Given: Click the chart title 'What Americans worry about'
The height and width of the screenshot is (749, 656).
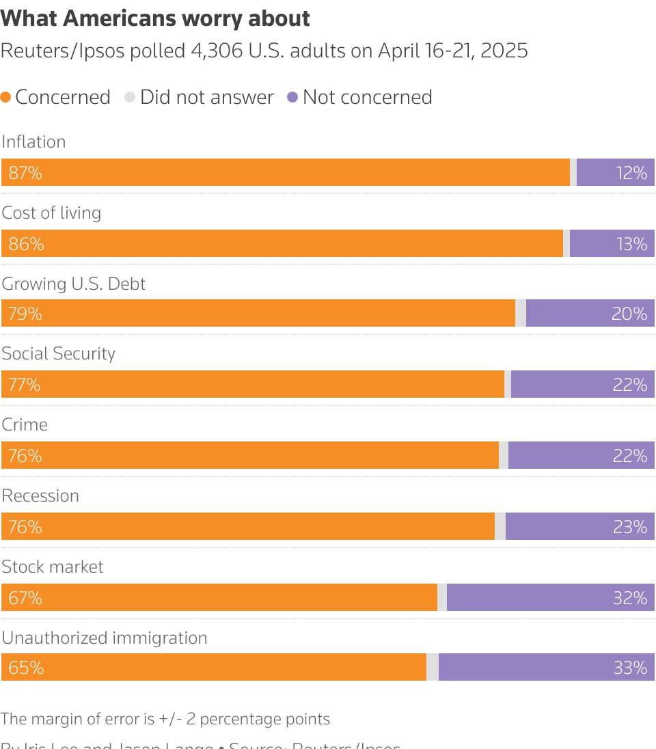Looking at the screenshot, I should tap(155, 19).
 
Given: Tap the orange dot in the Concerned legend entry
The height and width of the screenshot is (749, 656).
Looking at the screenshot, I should tap(6, 98).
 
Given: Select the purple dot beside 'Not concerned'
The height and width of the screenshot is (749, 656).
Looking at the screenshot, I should tap(292, 98).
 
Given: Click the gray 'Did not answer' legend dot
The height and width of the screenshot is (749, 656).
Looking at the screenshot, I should tap(130, 98).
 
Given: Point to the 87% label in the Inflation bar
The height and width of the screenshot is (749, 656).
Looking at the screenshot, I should tap(25, 173).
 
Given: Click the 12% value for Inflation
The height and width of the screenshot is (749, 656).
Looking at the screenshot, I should tap(631, 173).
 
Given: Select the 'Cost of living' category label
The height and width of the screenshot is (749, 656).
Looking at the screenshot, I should tap(51, 213).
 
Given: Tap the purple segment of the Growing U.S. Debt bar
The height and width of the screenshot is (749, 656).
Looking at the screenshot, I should tap(590, 314).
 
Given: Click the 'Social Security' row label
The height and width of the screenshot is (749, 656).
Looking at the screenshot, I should tap(58, 353).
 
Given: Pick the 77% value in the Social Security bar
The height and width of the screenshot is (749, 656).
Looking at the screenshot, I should tap(25, 385).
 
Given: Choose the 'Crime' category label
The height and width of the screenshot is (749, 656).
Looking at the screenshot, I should tap(25, 424).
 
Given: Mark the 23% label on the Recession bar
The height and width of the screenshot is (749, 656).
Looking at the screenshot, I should tap(629, 527).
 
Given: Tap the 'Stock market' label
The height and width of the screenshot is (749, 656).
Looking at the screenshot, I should tap(53, 567).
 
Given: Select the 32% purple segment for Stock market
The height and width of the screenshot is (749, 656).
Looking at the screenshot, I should tap(550, 598).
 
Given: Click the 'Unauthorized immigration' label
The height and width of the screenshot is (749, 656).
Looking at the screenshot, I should tap(105, 638).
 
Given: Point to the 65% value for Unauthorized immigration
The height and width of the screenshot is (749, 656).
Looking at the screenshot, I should tap(26, 668).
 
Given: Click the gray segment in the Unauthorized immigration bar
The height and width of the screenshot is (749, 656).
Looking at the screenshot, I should tap(433, 668).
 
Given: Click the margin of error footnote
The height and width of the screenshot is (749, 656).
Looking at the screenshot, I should tap(165, 719).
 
